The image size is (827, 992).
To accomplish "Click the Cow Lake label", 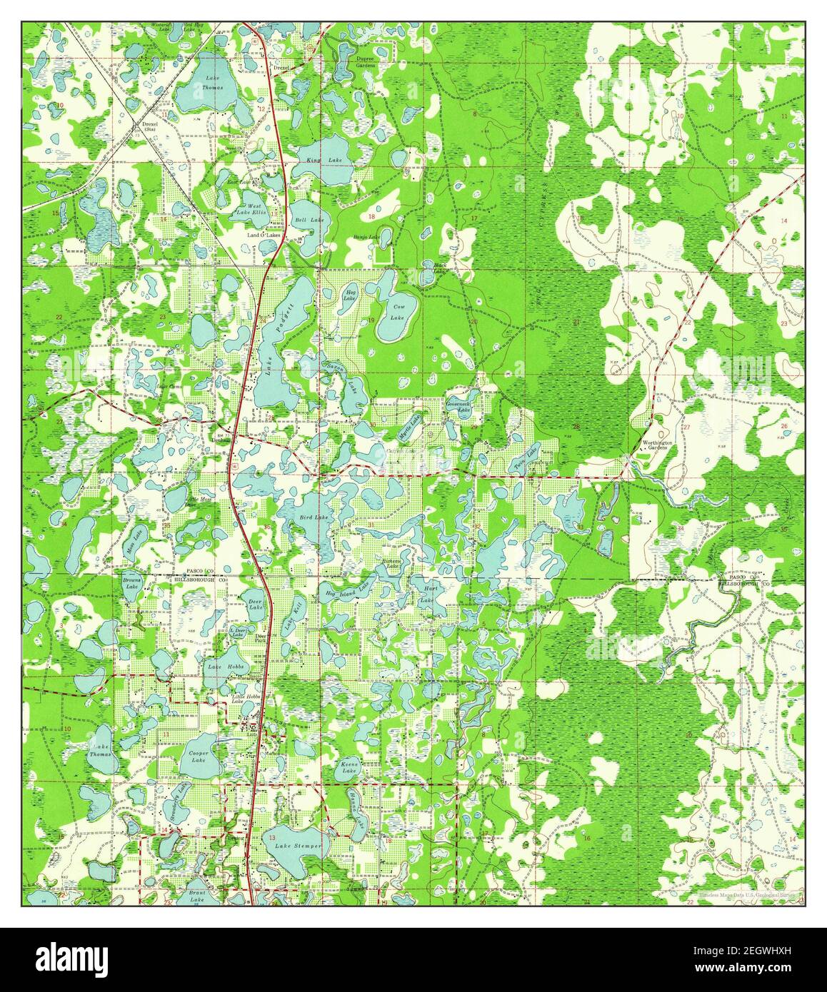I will click(398, 311).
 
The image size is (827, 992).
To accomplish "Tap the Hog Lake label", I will click(350, 295).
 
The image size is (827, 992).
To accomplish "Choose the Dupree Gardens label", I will click(365, 61).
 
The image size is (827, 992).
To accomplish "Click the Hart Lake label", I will click(431, 594).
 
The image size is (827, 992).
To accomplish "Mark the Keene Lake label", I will click(349, 767).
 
